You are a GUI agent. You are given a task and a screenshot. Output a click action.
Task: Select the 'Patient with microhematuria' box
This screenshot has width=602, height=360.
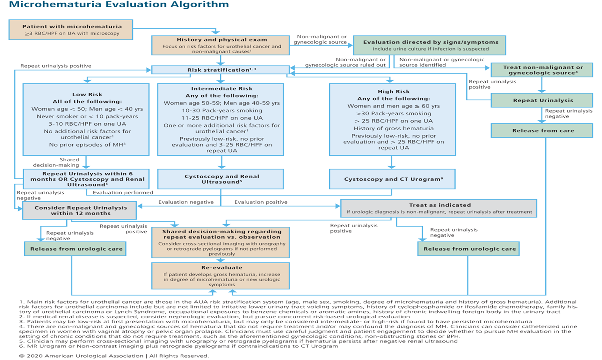(72, 30)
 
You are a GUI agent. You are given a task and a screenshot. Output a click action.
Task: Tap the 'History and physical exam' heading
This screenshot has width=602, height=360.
(222, 39)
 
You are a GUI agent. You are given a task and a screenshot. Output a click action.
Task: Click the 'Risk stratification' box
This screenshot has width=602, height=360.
(220, 70)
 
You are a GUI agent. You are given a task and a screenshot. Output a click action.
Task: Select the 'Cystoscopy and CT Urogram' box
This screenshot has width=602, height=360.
(393, 179)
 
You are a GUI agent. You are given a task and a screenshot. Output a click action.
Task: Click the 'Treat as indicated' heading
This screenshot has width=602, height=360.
(438, 205)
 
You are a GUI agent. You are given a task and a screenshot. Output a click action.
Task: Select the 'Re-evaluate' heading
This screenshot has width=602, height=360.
(221, 267)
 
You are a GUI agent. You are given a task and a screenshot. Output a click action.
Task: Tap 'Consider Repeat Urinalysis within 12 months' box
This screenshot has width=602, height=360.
(79, 210)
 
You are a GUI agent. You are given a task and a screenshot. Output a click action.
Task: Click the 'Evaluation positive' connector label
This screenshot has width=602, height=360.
(261, 202)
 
